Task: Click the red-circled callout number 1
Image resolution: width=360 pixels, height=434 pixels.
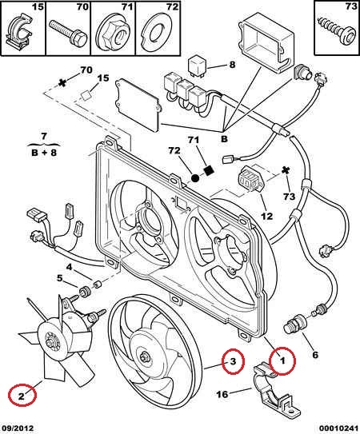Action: pos(282,360)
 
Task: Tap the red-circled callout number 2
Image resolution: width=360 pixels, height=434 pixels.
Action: pos(22,396)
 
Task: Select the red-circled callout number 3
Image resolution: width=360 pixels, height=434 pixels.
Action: pos(233,361)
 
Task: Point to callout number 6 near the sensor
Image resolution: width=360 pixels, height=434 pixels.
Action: pos(315,355)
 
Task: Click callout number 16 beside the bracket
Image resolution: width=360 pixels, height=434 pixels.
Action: pos(222,394)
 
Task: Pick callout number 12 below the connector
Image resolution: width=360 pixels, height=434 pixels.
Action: pos(267,216)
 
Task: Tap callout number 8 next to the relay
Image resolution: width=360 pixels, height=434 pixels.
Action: pos(232,65)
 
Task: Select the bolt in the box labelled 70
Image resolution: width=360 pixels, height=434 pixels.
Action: pos(68,33)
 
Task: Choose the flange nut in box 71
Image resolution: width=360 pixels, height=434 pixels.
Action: pos(114,34)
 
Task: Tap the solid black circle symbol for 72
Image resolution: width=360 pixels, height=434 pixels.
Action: pos(195,178)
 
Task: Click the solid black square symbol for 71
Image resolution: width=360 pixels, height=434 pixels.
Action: pos(209,170)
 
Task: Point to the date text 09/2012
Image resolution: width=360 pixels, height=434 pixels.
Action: pos(17,428)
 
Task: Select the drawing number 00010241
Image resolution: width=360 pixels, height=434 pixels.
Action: pos(338,428)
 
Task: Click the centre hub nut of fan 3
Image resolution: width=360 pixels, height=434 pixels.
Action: pos(144,356)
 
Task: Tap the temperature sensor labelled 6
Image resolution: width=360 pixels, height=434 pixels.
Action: pos(294,327)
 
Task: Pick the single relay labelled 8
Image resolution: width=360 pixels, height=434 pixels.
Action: pos(198,66)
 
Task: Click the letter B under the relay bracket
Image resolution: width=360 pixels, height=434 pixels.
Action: pos(224,139)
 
